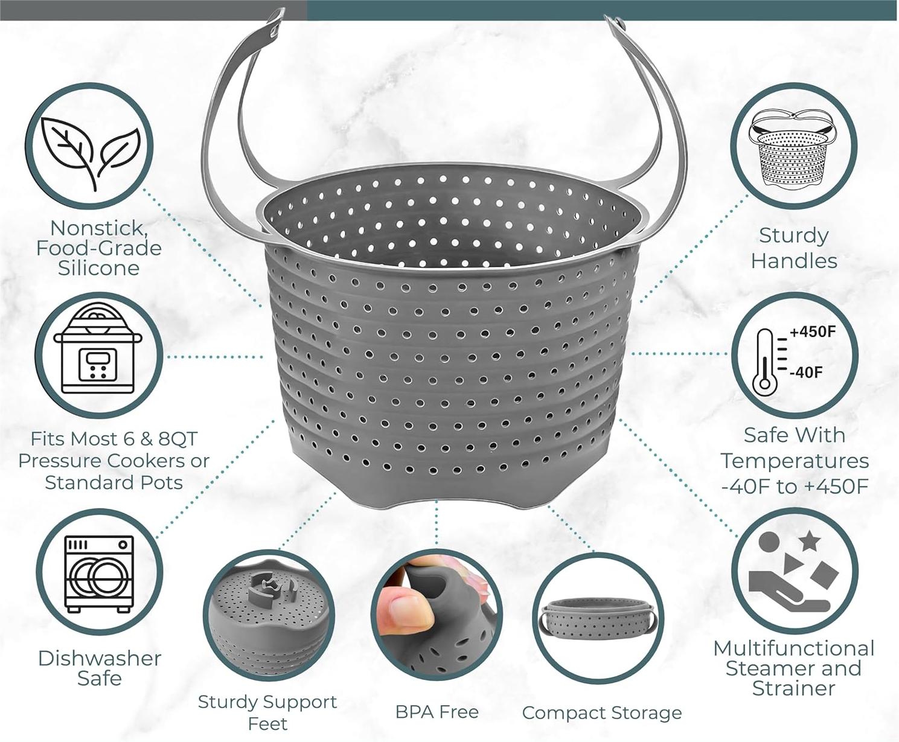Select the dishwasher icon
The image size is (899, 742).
click(99, 573)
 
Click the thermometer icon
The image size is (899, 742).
click(764, 362)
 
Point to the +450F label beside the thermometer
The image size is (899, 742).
click(813, 332)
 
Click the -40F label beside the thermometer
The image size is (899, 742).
click(806, 372)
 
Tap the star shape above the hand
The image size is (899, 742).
click(809, 541)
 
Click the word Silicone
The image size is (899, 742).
click(98, 268)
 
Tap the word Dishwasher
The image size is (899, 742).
click(100, 658)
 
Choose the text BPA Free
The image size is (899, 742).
click(437, 712)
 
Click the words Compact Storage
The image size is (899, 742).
click(602, 713)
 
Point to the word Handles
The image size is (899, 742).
click(794, 261)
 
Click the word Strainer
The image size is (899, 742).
click(794, 688)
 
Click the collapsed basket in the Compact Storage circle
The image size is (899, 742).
click(598, 618)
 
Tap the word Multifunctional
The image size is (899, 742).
click(794, 648)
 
